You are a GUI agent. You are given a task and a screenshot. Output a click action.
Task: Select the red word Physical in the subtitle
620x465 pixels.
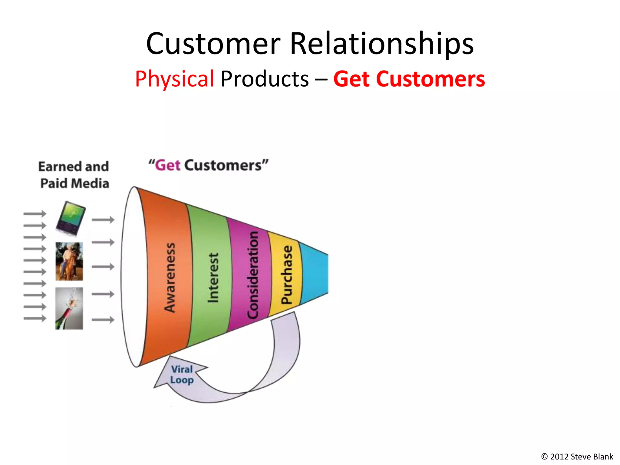pyautogui.click(x=174, y=79)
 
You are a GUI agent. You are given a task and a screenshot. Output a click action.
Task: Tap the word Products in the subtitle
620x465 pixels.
pyautogui.click(x=265, y=79)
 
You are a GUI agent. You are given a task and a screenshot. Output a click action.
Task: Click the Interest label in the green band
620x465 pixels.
pyautogui.click(x=213, y=278)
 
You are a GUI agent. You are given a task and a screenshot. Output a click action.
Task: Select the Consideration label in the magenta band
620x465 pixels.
pyautogui.click(x=252, y=275)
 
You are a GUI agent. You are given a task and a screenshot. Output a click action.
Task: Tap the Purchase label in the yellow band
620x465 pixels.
pyautogui.click(x=286, y=275)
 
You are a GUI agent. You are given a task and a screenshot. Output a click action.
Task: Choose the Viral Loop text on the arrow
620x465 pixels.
pyautogui.click(x=182, y=374)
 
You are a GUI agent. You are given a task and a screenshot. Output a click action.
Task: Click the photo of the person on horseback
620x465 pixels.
pyautogui.click(x=69, y=261)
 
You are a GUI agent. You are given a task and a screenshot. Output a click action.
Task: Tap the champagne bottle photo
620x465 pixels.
pyautogui.click(x=69, y=308)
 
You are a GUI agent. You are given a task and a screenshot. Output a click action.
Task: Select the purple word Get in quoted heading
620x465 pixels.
pyautogui.click(x=168, y=165)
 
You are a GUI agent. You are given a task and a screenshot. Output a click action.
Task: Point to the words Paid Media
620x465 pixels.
pyautogui.click(x=74, y=183)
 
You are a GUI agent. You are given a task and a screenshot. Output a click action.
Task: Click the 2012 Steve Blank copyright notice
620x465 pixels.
pyautogui.click(x=577, y=457)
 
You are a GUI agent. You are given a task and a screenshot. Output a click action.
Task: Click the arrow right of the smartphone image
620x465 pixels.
pyautogui.click(x=103, y=219)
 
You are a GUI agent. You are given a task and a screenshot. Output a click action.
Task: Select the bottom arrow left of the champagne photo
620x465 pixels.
pyautogui.click(x=35, y=318)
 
